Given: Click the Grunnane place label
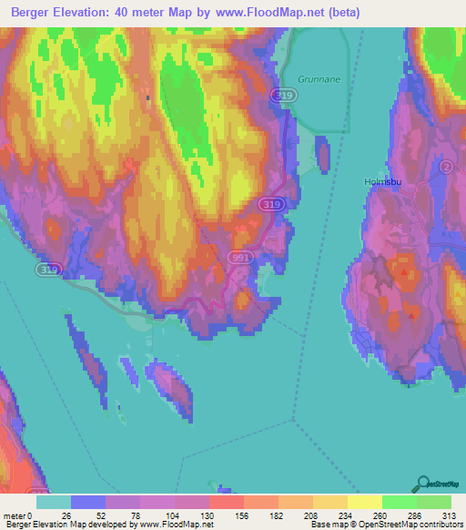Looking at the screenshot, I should pyautogui.click(x=319, y=79).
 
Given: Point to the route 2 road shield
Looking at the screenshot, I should pyautogui.click(x=446, y=168).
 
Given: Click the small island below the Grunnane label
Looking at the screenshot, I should pyautogui.click(x=322, y=153).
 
